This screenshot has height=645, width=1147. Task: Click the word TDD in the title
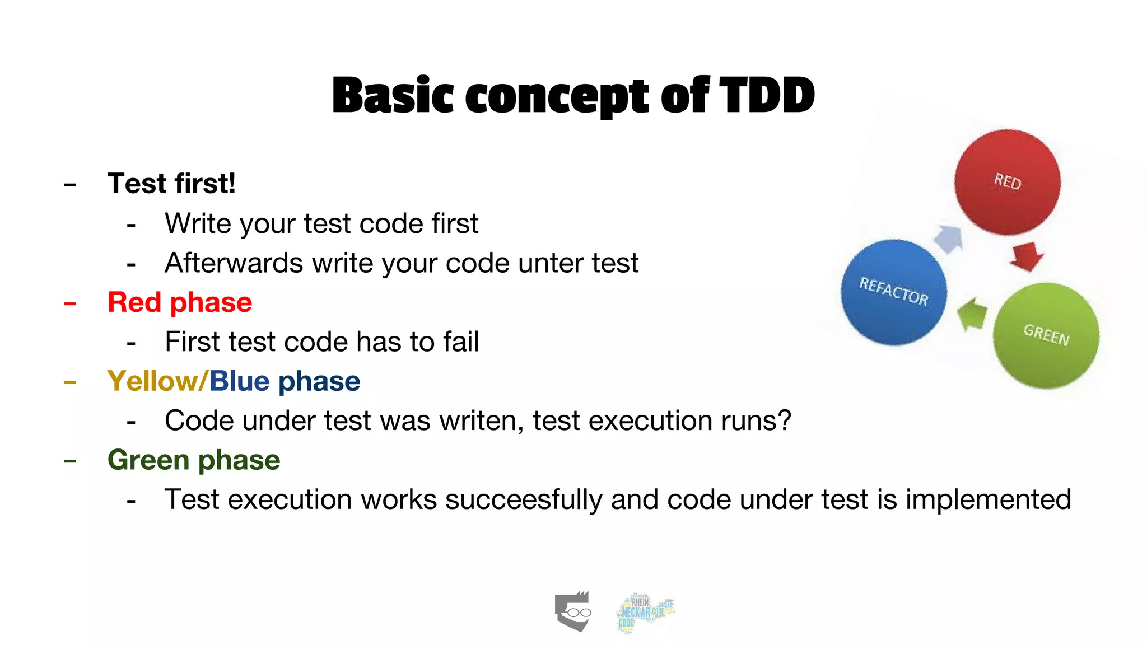[x=767, y=95]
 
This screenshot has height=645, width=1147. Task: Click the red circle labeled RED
[x=1007, y=182]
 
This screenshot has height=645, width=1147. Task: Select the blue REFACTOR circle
[x=893, y=292]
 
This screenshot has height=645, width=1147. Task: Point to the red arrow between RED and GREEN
[x=1027, y=256]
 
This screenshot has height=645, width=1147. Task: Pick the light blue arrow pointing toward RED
[x=949, y=238]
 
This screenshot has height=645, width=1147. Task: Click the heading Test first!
[x=171, y=184]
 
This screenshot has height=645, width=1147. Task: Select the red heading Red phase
[x=180, y=302]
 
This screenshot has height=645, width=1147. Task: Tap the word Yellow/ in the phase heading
[x=157, y=381]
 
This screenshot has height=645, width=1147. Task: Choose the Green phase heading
[x=194, y=460]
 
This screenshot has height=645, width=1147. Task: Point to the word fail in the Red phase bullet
[x=460, y=342]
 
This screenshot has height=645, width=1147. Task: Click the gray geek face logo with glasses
[x=573, y=611]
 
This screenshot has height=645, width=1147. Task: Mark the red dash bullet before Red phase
[x=70, y=303]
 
